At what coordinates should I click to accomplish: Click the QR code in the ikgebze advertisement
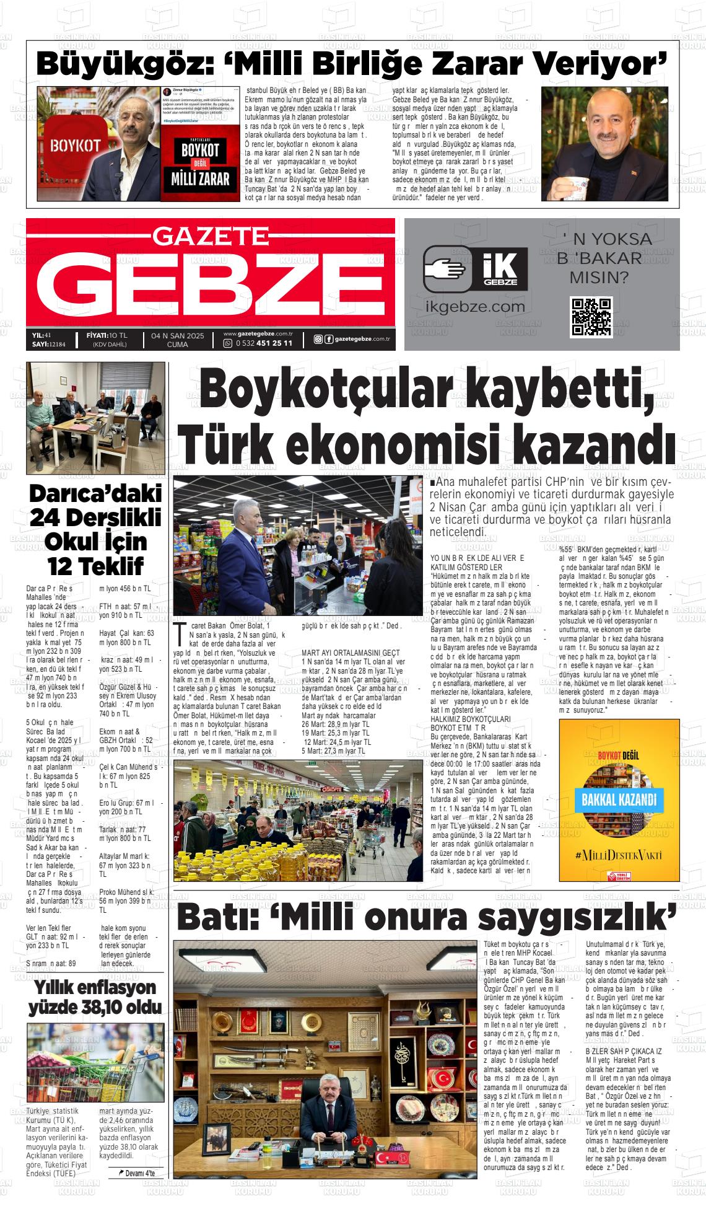(x=591, y=317)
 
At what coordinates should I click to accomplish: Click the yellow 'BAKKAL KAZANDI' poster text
(x=619, y=798)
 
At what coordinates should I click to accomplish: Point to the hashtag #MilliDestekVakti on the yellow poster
(x=618, y=855)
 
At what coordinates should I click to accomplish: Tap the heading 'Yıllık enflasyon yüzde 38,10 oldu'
(x=95, y=997)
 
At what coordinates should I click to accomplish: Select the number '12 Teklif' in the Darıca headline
(x=95, y=565)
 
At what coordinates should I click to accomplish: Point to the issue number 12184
(x=61, y=344)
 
